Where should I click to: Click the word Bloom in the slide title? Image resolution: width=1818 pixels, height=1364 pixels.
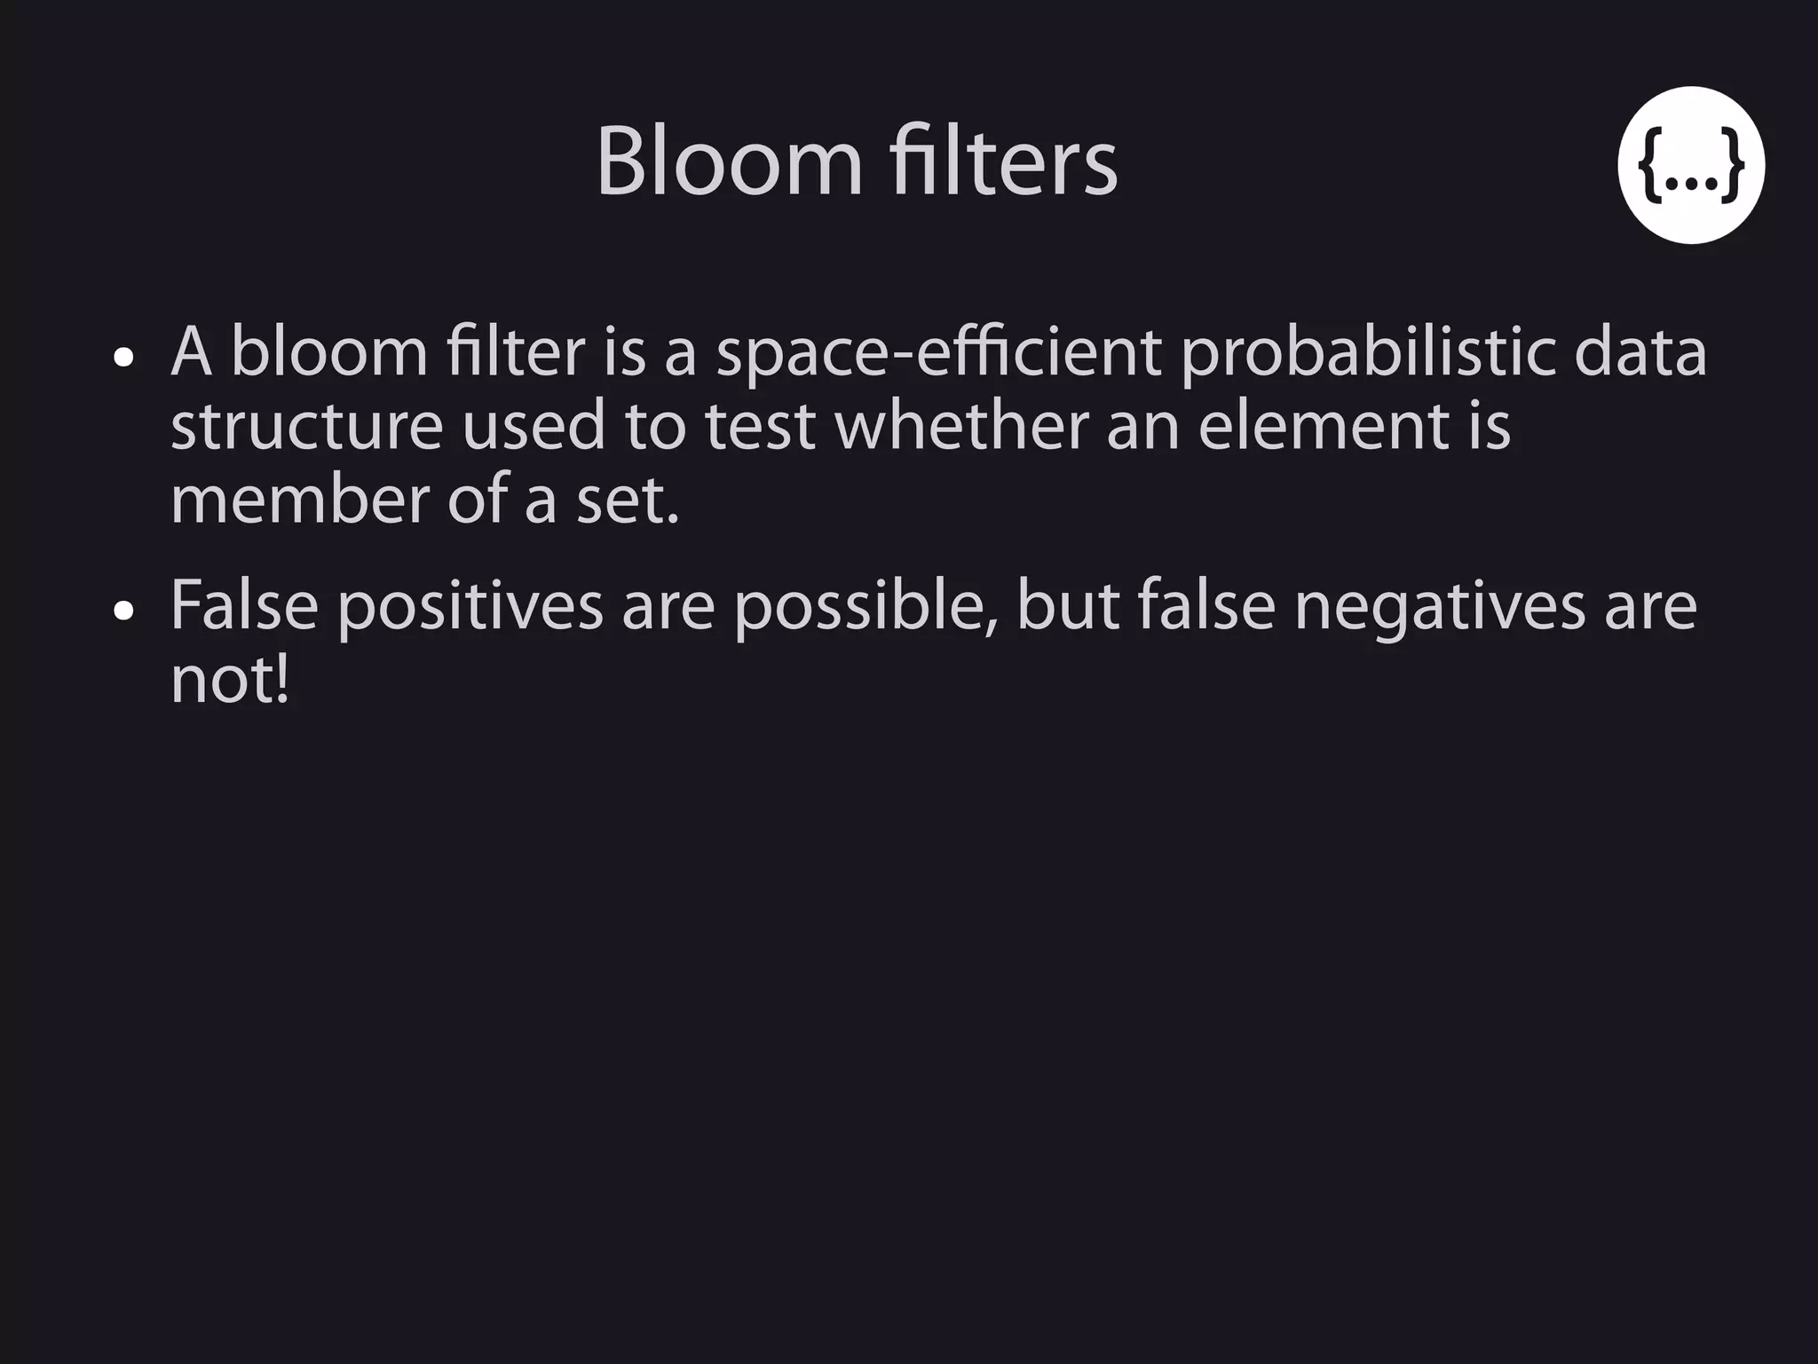click(729, 162)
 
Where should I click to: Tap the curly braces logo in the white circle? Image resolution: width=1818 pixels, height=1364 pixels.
click(1690, 165)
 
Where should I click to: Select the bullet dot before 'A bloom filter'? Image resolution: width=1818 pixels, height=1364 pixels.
click(124, 358)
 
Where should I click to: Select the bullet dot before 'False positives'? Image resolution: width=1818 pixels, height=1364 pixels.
click(124, 611)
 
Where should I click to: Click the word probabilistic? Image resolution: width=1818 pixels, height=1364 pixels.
click(1368, 353)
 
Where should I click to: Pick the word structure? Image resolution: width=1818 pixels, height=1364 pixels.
click(306, 427)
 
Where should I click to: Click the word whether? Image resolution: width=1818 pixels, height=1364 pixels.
click(960, 427)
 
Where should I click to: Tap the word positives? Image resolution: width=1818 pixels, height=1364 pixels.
click(470, 607)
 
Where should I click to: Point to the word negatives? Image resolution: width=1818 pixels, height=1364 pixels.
click(1439, 607)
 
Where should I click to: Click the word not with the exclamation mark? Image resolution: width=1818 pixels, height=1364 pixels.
click(229, 681)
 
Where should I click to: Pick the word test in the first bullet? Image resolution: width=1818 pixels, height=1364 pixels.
click(760, 427)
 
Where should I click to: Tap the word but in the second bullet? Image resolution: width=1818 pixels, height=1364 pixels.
click(1068, 607)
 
